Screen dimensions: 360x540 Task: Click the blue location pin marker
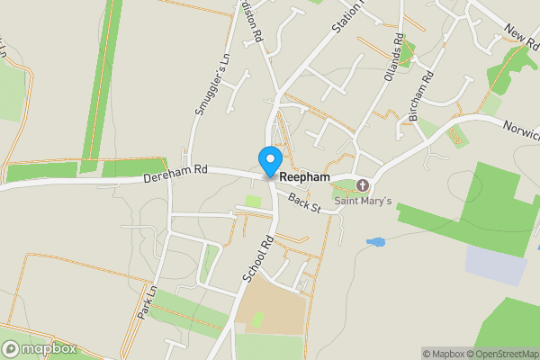(269, 161)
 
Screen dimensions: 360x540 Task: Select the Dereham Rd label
(175, 175)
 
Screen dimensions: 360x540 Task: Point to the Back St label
(306, 202)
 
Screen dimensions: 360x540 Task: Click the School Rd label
(258, 260)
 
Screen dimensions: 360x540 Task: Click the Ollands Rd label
(393, 55)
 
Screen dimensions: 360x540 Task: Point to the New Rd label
(520, 39)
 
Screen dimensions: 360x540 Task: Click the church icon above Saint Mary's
(363, 185)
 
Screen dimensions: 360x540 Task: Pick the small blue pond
(375, 242)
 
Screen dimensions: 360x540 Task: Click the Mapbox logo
(40, 348)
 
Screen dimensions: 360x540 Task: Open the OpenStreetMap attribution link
(499, 354)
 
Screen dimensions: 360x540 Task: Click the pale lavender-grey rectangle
(496, 265)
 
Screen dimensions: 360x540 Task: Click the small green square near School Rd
(254, 201)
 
